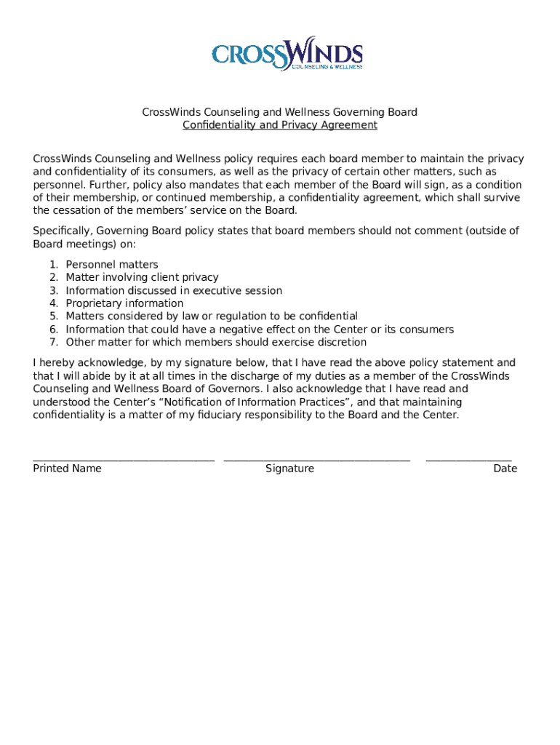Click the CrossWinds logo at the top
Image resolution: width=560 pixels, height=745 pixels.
(x=287, y=53)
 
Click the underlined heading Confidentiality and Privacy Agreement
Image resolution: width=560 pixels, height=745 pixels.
(x=279, y=125)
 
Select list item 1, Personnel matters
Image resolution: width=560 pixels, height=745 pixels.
(x=111, y=265)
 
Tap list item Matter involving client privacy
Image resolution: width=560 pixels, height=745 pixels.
(x=142, y=277)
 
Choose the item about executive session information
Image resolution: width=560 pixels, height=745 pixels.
(x=173, y=290)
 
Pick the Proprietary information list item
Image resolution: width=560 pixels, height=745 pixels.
(x=124, y=303)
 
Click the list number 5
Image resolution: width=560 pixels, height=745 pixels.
(x=53, y=316)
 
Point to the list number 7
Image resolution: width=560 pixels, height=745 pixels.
(x=53, y=343)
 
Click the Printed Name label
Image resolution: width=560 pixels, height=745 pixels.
(x=67, y=469)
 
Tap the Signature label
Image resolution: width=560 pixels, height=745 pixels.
(x=289, y=469)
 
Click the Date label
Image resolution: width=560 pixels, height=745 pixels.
(x=505, y=469)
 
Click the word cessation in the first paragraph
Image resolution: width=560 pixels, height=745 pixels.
(x=76, y=211)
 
